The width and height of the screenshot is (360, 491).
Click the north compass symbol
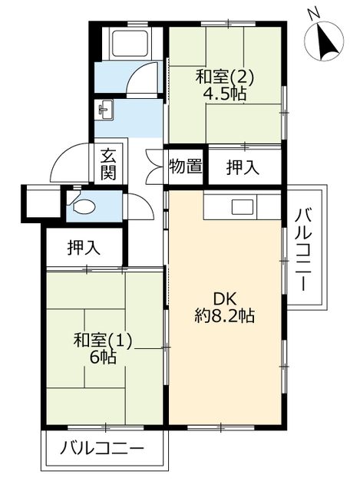tap(324, 41)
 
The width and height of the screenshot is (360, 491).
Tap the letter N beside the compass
tap(312, 14)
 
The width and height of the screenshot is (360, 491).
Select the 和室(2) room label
tap(224, 77)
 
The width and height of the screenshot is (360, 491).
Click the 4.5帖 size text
tap(224, 93)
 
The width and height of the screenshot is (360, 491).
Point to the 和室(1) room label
tap(102, 341)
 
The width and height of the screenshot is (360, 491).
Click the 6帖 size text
tap(103, 357)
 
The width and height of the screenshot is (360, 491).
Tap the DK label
tap(225, 300)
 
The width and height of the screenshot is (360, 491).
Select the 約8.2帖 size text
tap(224, 315)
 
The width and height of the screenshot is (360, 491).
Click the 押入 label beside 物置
tap(243, 167)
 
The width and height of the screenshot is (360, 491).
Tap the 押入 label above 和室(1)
tap(84, 248)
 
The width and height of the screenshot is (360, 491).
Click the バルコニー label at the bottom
tap(102, 449)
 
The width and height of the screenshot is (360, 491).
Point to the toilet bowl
tap(84, 206)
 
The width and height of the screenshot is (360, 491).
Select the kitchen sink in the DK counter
tap(243, 207)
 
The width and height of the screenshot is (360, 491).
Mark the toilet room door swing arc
tap(144, 203)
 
